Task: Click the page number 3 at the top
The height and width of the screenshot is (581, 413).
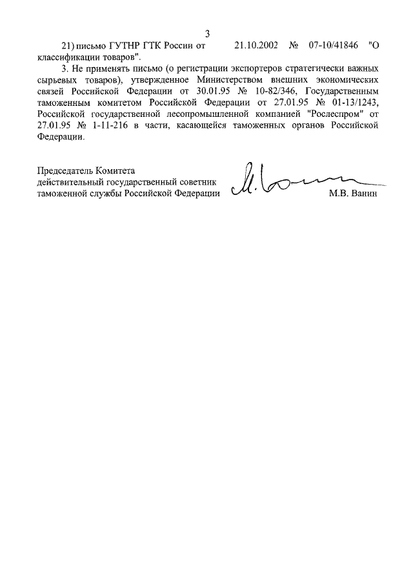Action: (206, 34)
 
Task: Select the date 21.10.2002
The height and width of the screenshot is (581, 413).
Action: (256, 46)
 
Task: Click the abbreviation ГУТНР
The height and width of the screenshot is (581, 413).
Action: (123, 46)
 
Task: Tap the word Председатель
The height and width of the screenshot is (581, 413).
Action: (66, 171)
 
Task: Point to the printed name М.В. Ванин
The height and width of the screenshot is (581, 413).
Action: (352, 194)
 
